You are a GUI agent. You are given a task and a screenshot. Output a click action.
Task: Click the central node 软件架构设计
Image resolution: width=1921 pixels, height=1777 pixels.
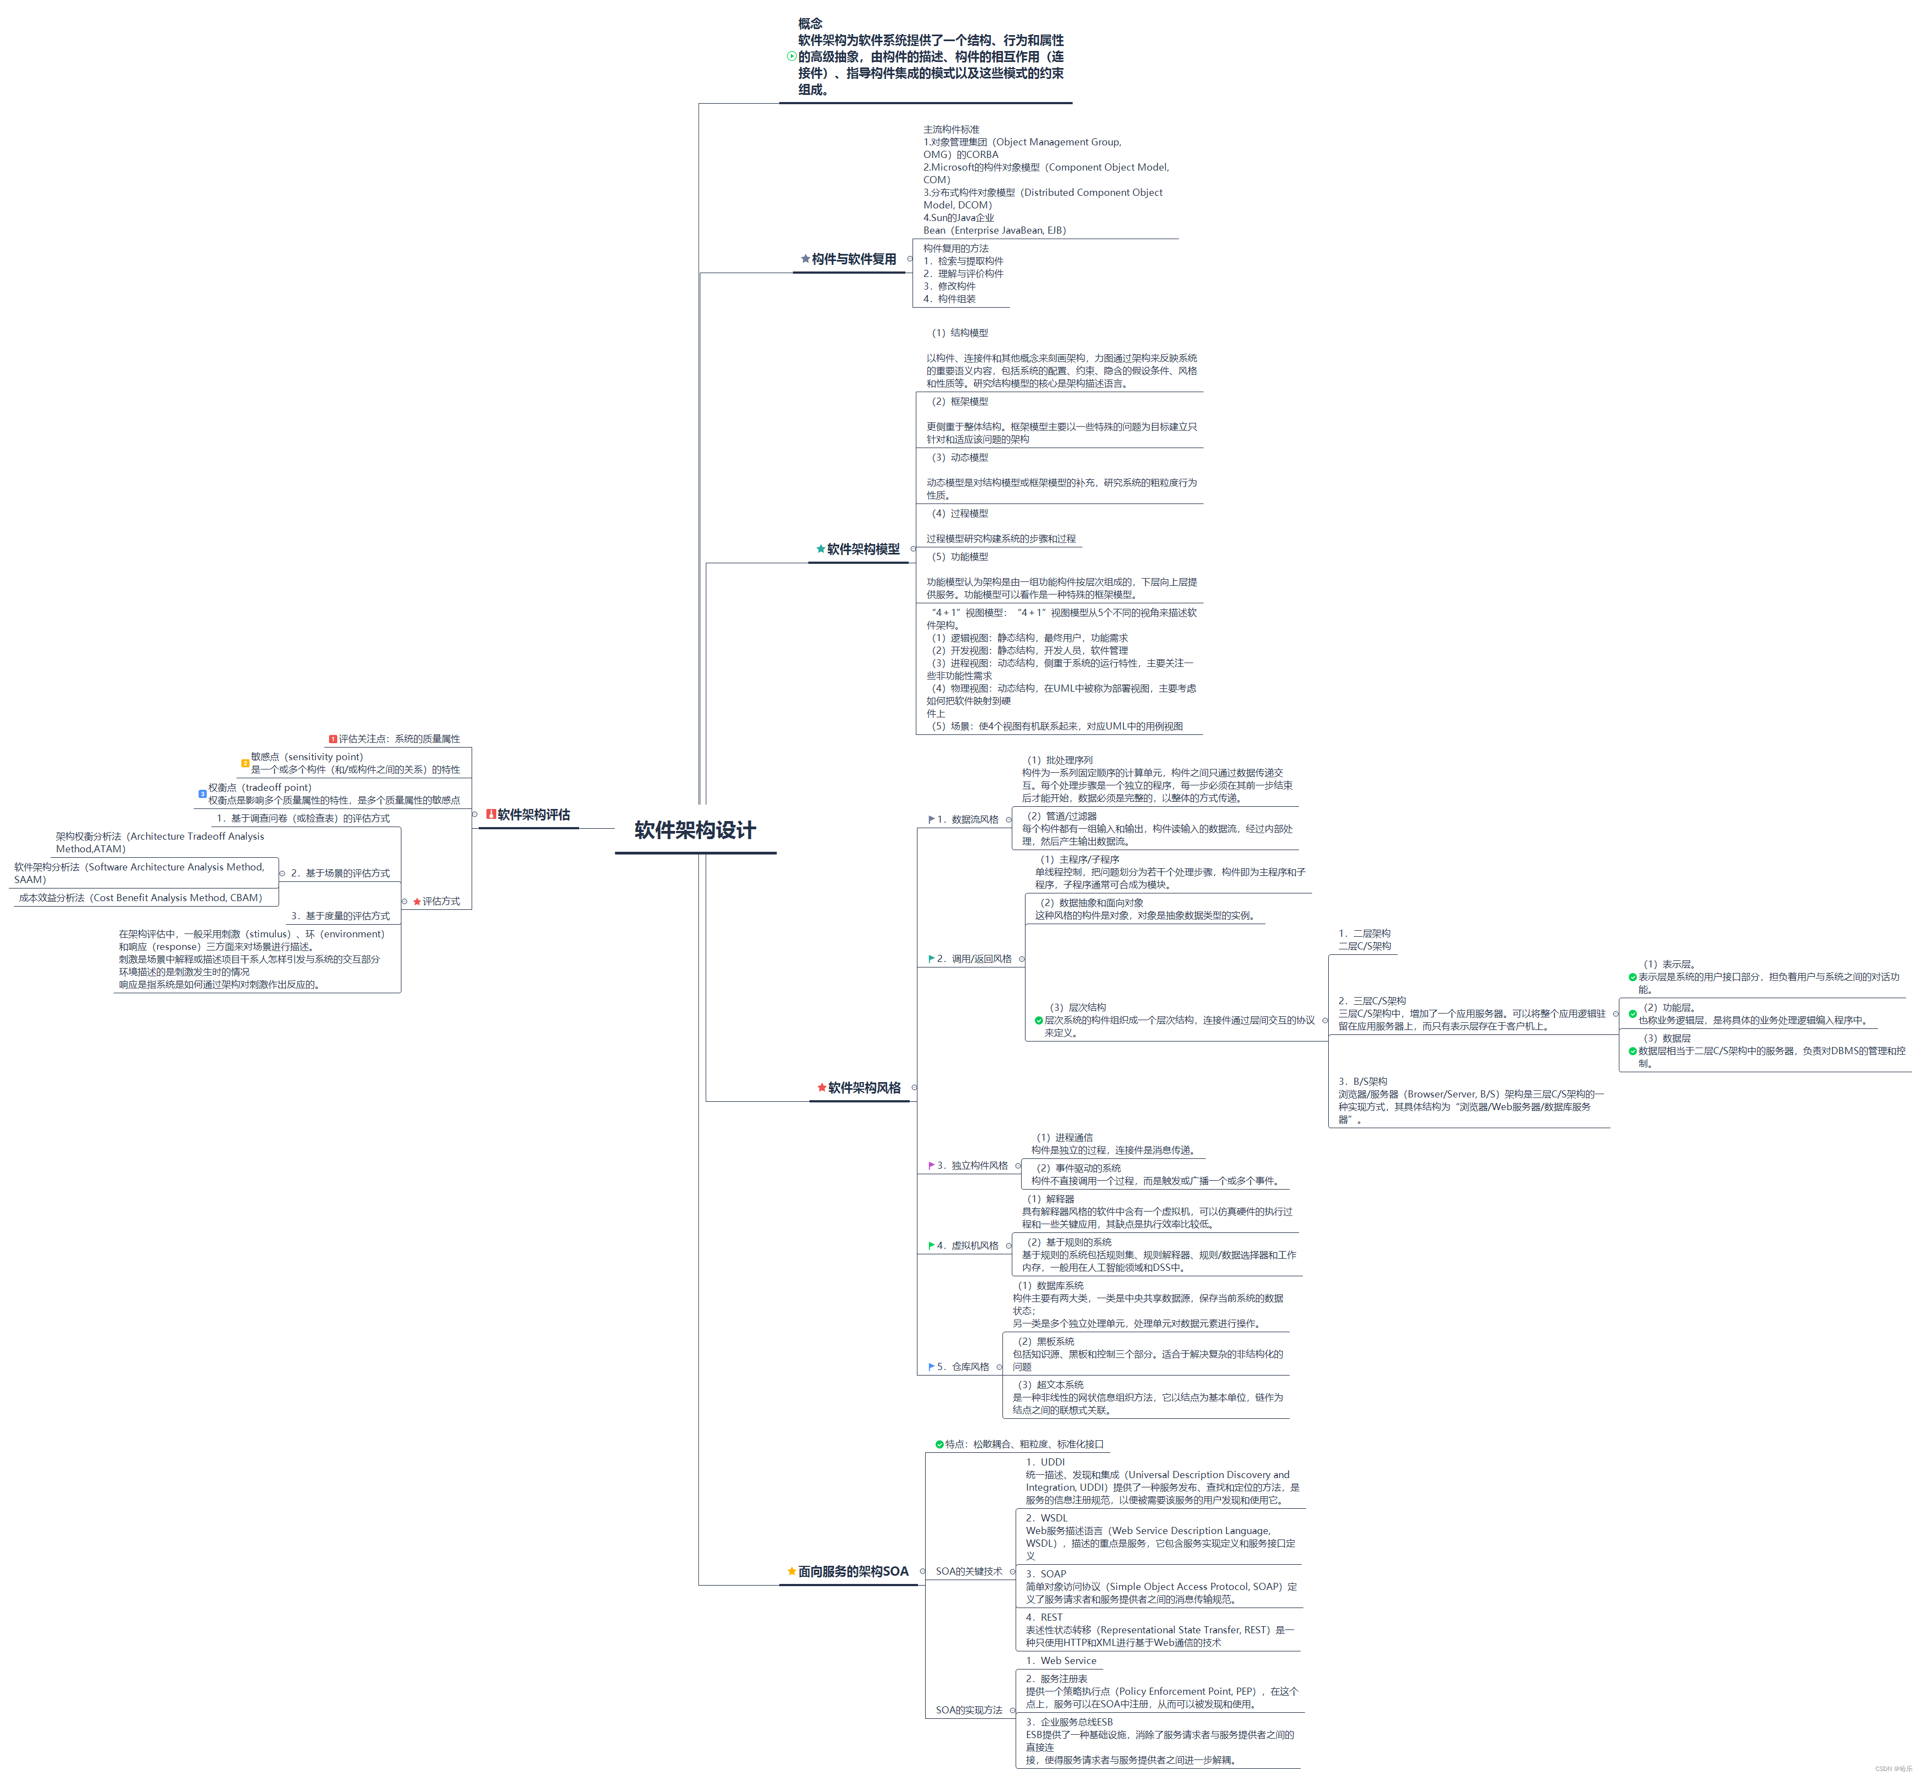click(695, 830)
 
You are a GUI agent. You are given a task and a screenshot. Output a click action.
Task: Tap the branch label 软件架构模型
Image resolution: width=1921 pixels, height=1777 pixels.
click(863, 549)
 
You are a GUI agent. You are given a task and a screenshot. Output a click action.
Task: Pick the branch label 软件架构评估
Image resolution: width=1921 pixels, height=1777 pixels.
click(534, 814)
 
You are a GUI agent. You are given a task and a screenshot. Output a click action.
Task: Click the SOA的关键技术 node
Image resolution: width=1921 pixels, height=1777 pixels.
click(968, 1571)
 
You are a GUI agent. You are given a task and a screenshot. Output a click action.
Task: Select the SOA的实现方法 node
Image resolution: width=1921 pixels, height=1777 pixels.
click(968, 1710)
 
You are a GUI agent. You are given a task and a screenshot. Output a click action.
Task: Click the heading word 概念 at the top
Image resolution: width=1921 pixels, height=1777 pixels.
click(809, 23)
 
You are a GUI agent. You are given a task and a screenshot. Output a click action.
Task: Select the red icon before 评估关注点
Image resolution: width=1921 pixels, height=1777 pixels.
click(333, 739)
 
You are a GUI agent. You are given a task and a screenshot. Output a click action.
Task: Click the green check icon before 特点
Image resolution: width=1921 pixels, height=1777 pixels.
click(939, 1444)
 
